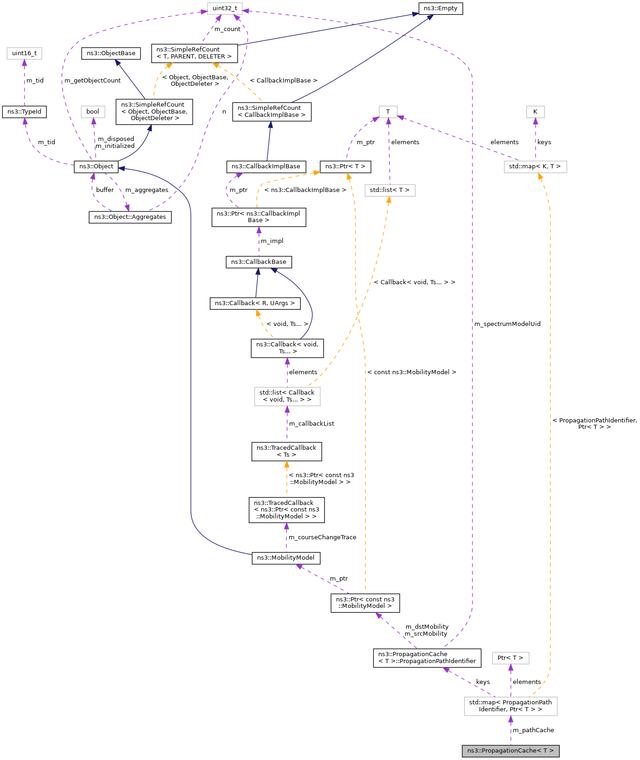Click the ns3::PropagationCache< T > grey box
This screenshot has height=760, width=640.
coord(510,750)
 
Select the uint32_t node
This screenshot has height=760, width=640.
coord(225,8)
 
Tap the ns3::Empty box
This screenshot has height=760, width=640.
coord(440,8)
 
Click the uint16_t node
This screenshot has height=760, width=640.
coord(24,53)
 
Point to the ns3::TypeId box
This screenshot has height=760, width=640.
coord(24,112)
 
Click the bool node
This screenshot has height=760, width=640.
coord(93,112)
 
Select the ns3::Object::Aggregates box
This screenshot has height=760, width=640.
coord(130,217)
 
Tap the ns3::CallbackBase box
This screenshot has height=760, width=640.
coord(259,262)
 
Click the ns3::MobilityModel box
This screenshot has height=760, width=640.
coord(286,558)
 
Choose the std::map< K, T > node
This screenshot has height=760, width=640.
coord(535,166)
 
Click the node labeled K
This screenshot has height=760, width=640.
coord(535,112)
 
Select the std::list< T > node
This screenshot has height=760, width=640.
coord(390,190)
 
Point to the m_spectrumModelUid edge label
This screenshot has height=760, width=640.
coord(507,324)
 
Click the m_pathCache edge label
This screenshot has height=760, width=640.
coord(533,730)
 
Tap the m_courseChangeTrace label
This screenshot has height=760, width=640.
coord(323,537)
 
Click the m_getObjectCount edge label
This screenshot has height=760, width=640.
coord(92,81)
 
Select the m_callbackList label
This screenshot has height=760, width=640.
coord(311,424)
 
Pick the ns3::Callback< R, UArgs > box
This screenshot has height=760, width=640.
coord(255,303)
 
